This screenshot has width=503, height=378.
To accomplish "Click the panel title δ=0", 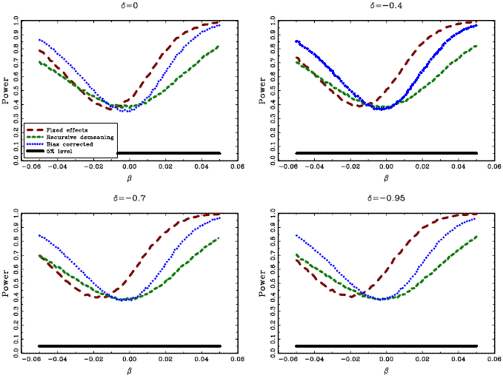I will coord(129,6).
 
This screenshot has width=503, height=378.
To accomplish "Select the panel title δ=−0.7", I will coord(129,199).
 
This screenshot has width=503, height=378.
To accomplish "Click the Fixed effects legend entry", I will coord(71,129).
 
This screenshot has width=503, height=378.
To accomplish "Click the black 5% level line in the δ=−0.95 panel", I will coord(386,345).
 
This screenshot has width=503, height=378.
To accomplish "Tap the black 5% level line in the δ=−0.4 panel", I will coord(386,153).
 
